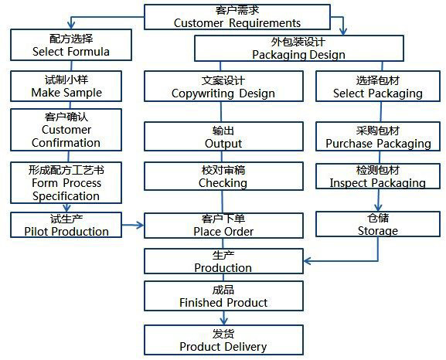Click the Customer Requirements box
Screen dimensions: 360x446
click(237, 16)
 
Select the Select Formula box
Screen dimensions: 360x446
click(71, 45)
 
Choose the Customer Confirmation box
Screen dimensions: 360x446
click(66, 129)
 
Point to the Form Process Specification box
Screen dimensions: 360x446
click(66, 183)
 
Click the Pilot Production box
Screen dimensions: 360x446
click(66, 225)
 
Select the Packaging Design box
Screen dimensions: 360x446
click(298, 48)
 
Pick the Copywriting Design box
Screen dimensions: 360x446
click(223, 87)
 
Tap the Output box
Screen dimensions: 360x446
click(223, 137)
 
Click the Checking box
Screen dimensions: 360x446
click(223, 176)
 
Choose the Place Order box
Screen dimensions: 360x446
click(223, 225)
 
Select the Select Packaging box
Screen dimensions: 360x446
click(377, 87)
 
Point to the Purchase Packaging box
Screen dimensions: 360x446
click(377, 137)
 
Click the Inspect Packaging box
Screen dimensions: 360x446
click(377, 176)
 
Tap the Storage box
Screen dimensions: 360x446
click(377, 225)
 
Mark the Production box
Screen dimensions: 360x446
click(223, 261)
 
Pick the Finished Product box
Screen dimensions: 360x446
click(223, 296)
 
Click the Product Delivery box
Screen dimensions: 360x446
click(223, 340)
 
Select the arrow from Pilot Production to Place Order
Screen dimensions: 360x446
click(132, 226)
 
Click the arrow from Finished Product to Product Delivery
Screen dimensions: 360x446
click(223, 318)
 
